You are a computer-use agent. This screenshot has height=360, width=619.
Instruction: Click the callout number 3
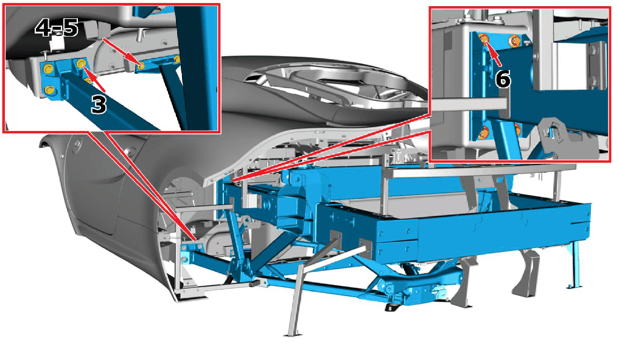click(99, 105)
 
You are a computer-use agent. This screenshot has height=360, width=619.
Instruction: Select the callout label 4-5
click(57, 29)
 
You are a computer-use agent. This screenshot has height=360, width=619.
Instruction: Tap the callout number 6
click(503, 79)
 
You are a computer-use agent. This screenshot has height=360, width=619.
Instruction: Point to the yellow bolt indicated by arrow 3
click(82, 63)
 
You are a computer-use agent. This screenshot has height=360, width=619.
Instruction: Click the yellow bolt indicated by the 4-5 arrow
click(141, 65)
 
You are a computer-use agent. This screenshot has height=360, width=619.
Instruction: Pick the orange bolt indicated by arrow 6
click(483, 38)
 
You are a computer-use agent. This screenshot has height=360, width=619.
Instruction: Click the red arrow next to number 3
click(96, 79)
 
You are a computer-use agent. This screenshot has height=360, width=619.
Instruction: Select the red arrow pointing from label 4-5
click(122, 51)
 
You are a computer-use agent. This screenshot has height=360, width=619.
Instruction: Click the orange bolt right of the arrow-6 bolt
click(514, 41)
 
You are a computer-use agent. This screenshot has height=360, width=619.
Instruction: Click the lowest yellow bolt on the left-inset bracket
click(50, 90)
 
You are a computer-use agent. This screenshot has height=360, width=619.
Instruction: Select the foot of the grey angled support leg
click(292, 334)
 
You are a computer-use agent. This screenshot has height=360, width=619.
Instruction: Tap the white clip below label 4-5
click(55, 43)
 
